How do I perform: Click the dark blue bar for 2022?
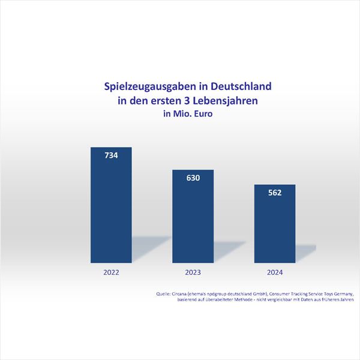click(110, 210)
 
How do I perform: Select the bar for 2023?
click(193, 222)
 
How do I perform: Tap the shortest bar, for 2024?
click(275, 228)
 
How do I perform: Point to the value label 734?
click(110, 155)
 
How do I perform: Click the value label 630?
click(193, 178)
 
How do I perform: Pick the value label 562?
click(275, 193)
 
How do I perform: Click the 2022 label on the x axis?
click(110, 272)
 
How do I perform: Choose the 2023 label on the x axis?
click(193, 272)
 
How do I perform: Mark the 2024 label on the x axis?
click(275, 272)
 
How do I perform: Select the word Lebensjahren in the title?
click(229, 101)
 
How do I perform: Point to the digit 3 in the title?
click(193, 101)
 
